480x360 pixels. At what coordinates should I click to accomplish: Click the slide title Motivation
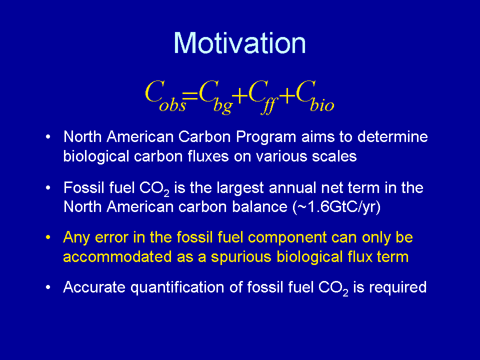[x=239, y=43]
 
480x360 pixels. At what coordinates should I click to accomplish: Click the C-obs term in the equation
[x=165, y=95]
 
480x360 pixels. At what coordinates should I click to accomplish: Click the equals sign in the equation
[x=190, y=96]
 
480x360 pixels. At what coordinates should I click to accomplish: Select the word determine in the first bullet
[x=392, y=136]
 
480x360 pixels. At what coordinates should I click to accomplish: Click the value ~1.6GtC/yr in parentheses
[x=337, y=207]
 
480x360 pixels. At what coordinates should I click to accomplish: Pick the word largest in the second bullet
[x=240, y=188]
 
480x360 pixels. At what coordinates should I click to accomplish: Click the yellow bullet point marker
[x=48, y=237]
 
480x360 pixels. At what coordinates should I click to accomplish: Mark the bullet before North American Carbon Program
[x=48, y=137]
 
